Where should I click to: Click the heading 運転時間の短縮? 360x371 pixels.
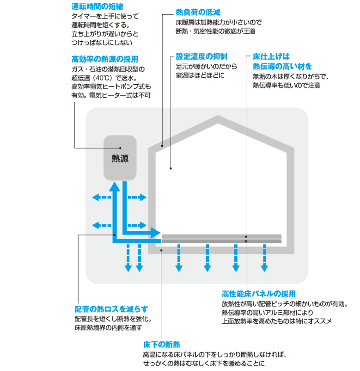pyautogui.click(x=97, y=7)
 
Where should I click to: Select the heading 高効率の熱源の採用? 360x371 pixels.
pyautogui.click(x=105, y=60)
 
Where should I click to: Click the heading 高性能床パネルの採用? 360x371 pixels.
pyautogui.click(x=258, y=294)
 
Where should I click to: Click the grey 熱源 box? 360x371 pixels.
pyautogui.click(x=120, y=158)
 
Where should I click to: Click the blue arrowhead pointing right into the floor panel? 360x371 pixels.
pyautogui.click(x=156, y=233)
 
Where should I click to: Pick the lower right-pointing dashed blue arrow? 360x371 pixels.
pyautogui.click(x=137, y=225)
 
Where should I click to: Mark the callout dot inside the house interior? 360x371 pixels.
pyautogui.click(x=171, y=168)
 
